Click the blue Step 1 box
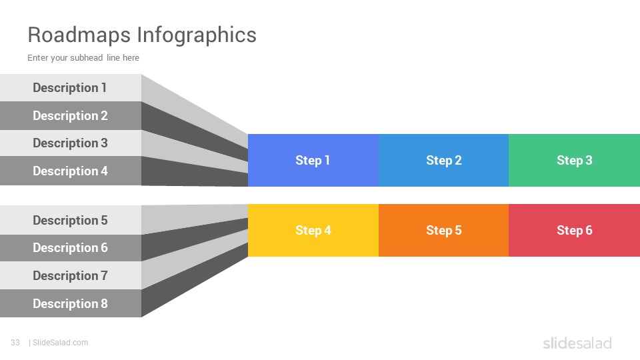[313, 161]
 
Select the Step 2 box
[444, 161]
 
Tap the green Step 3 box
[574, 161]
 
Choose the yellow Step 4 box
[313, 230]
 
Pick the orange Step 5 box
[444, 230]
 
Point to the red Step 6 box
[574, 230]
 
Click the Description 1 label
[70, 88]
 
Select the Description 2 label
[70, 116]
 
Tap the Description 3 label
[70, 143]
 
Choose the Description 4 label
[70, 171]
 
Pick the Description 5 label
[70, 221]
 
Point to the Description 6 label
[70, 248]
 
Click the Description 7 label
[70, 276]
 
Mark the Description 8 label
[70, 304]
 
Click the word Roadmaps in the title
[79, 35]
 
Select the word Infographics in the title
[197, 35]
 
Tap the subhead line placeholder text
[83, 58]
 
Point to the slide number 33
[15, 343]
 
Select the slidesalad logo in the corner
[577, 343]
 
